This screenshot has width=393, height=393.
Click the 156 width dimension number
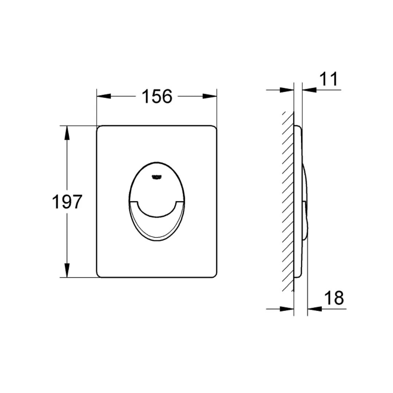[x=156, y=96]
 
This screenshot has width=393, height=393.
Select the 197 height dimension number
[x=67, y=202]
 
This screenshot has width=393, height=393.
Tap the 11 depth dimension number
[x=329, y=79]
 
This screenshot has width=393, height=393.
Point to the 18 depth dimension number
[x=334, y=298]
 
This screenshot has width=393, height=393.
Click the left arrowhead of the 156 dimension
[x=103, y=96]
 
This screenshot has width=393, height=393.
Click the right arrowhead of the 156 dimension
[x=210, y=96]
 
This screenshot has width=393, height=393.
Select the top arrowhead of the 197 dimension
[x=67, y=132]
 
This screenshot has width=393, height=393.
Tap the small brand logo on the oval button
[x=156, y=177]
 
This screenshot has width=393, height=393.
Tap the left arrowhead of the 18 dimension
[x=287, y=309]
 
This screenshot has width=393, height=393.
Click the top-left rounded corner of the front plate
[x=99, y=128]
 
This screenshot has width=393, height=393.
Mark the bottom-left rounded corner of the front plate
[x=99, y=275]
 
